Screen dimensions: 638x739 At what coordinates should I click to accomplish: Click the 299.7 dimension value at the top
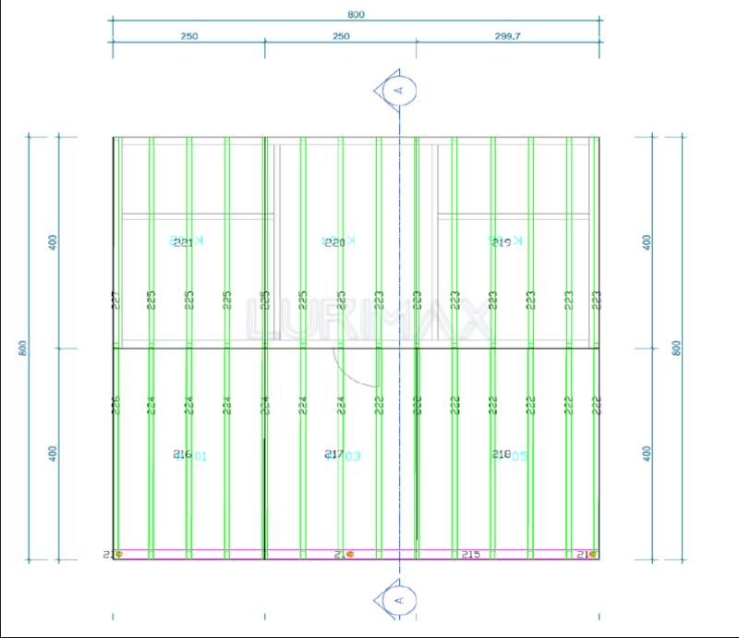click(x=507, y=36)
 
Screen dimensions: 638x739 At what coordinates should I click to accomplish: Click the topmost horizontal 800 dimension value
click(x=357, y=14)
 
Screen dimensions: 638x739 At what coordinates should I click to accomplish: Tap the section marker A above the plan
click(x=399, y=90)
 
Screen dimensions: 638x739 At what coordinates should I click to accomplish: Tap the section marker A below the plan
click(x=399, y=600)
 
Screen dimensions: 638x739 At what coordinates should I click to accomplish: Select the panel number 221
click(x=183, y=242)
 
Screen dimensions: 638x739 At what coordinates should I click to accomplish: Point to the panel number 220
click(x=334, y=242)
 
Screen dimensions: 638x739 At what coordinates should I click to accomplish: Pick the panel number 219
click(x=501, y=242)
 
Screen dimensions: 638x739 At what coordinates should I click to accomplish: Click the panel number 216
click(x=182, y=454)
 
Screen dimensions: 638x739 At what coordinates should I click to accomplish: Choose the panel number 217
click(x=334, y=454)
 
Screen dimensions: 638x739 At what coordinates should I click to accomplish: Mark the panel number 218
click(x=501, y=454)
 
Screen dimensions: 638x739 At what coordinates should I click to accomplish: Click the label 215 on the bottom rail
click(x=470, y=554)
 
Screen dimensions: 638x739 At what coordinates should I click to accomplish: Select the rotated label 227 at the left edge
click(x=116, y=301)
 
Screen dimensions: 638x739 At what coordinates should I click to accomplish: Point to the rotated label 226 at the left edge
click(x=116, y=404)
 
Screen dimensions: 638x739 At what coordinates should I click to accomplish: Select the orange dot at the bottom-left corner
click(x=118, y=555)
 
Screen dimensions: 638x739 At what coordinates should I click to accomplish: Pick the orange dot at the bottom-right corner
click(x=592, y=555)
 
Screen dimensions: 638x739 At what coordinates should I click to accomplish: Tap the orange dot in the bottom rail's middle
click(x=350, y=555)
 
